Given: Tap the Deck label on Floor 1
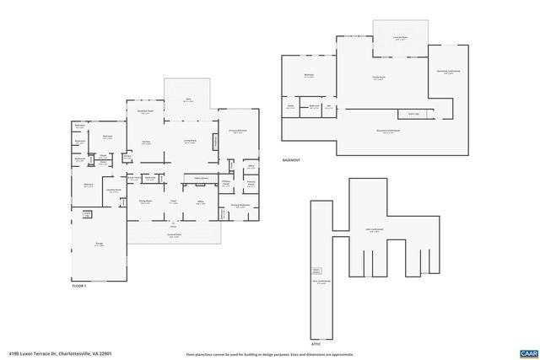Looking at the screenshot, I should click(188, 99).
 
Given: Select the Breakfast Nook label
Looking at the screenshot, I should click(145, 112).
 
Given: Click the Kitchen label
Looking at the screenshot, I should click(146, 142).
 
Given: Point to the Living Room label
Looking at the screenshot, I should click(192, 142).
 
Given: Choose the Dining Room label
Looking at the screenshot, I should click(146, 201).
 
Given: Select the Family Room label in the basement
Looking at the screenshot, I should click(379, 77).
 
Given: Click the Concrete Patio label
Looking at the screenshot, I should click(401, 38).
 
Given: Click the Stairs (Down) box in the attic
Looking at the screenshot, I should click(317, 271).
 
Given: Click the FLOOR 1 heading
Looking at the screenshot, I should click(80, 287).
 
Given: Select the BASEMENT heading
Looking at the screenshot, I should click(294, 159).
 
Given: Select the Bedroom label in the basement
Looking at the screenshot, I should click(309, 75).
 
